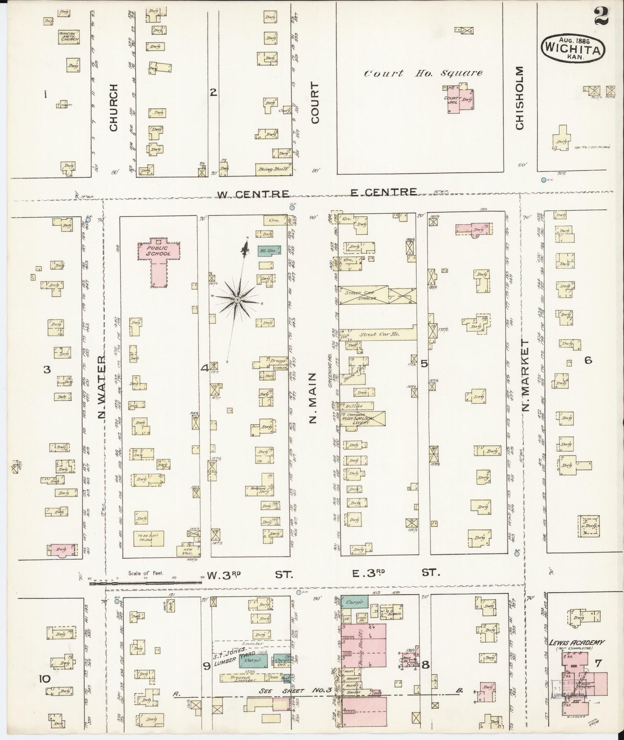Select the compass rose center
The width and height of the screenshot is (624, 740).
pos(237,299)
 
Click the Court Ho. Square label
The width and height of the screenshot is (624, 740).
pos(423,73)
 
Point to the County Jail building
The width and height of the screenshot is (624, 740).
pos(459,99)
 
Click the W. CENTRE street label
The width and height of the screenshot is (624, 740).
pos(253,194)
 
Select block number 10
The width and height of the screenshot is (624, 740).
pos(44,679)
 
